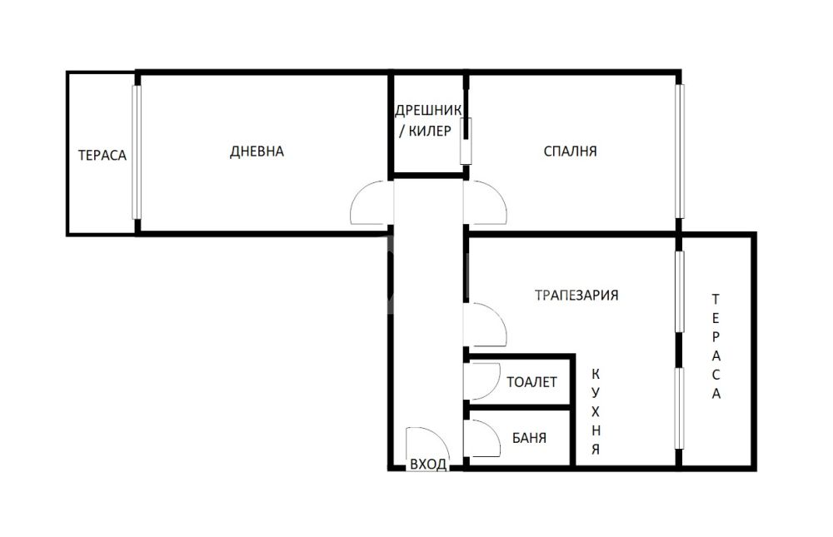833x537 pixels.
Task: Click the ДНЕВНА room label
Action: (257, 152)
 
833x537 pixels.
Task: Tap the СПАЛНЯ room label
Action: (570, 152)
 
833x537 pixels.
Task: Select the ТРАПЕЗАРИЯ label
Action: (576, 295)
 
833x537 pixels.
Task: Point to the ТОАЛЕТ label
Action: (531, 382)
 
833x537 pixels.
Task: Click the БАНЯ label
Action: (529, 438)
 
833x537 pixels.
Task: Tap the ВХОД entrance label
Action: (428, 465)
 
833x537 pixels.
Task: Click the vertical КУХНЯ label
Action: (596, 411)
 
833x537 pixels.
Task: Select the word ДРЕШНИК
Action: (428, 111)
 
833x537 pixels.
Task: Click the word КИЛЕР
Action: (430, 131)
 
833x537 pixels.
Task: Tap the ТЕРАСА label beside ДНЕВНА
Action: (102, 155)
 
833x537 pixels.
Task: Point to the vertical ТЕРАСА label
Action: (716, 346)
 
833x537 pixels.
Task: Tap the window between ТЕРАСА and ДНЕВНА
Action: (137, 152)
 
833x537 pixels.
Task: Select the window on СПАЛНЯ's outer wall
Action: (680, 152)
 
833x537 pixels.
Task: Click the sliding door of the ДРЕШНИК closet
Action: (466, 141)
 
